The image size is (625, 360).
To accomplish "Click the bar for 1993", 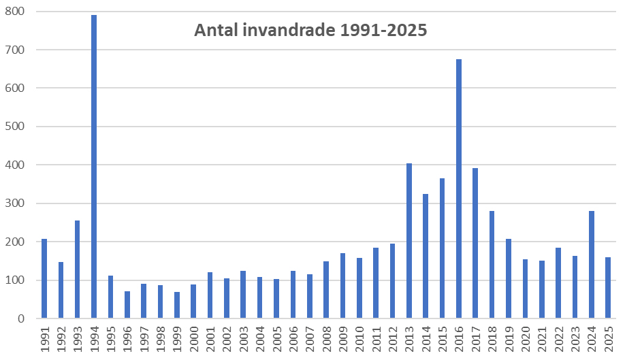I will coord(78,269).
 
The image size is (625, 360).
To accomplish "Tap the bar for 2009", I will coord(342,285).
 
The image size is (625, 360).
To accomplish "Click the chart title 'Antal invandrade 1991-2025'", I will coord(310,31).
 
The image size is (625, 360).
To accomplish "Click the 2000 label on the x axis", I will coord(194,338).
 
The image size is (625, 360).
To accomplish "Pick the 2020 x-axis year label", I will coord(526,338).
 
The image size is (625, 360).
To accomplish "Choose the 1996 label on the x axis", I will coord(127,338).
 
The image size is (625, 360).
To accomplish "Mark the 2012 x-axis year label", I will coord(393,338).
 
